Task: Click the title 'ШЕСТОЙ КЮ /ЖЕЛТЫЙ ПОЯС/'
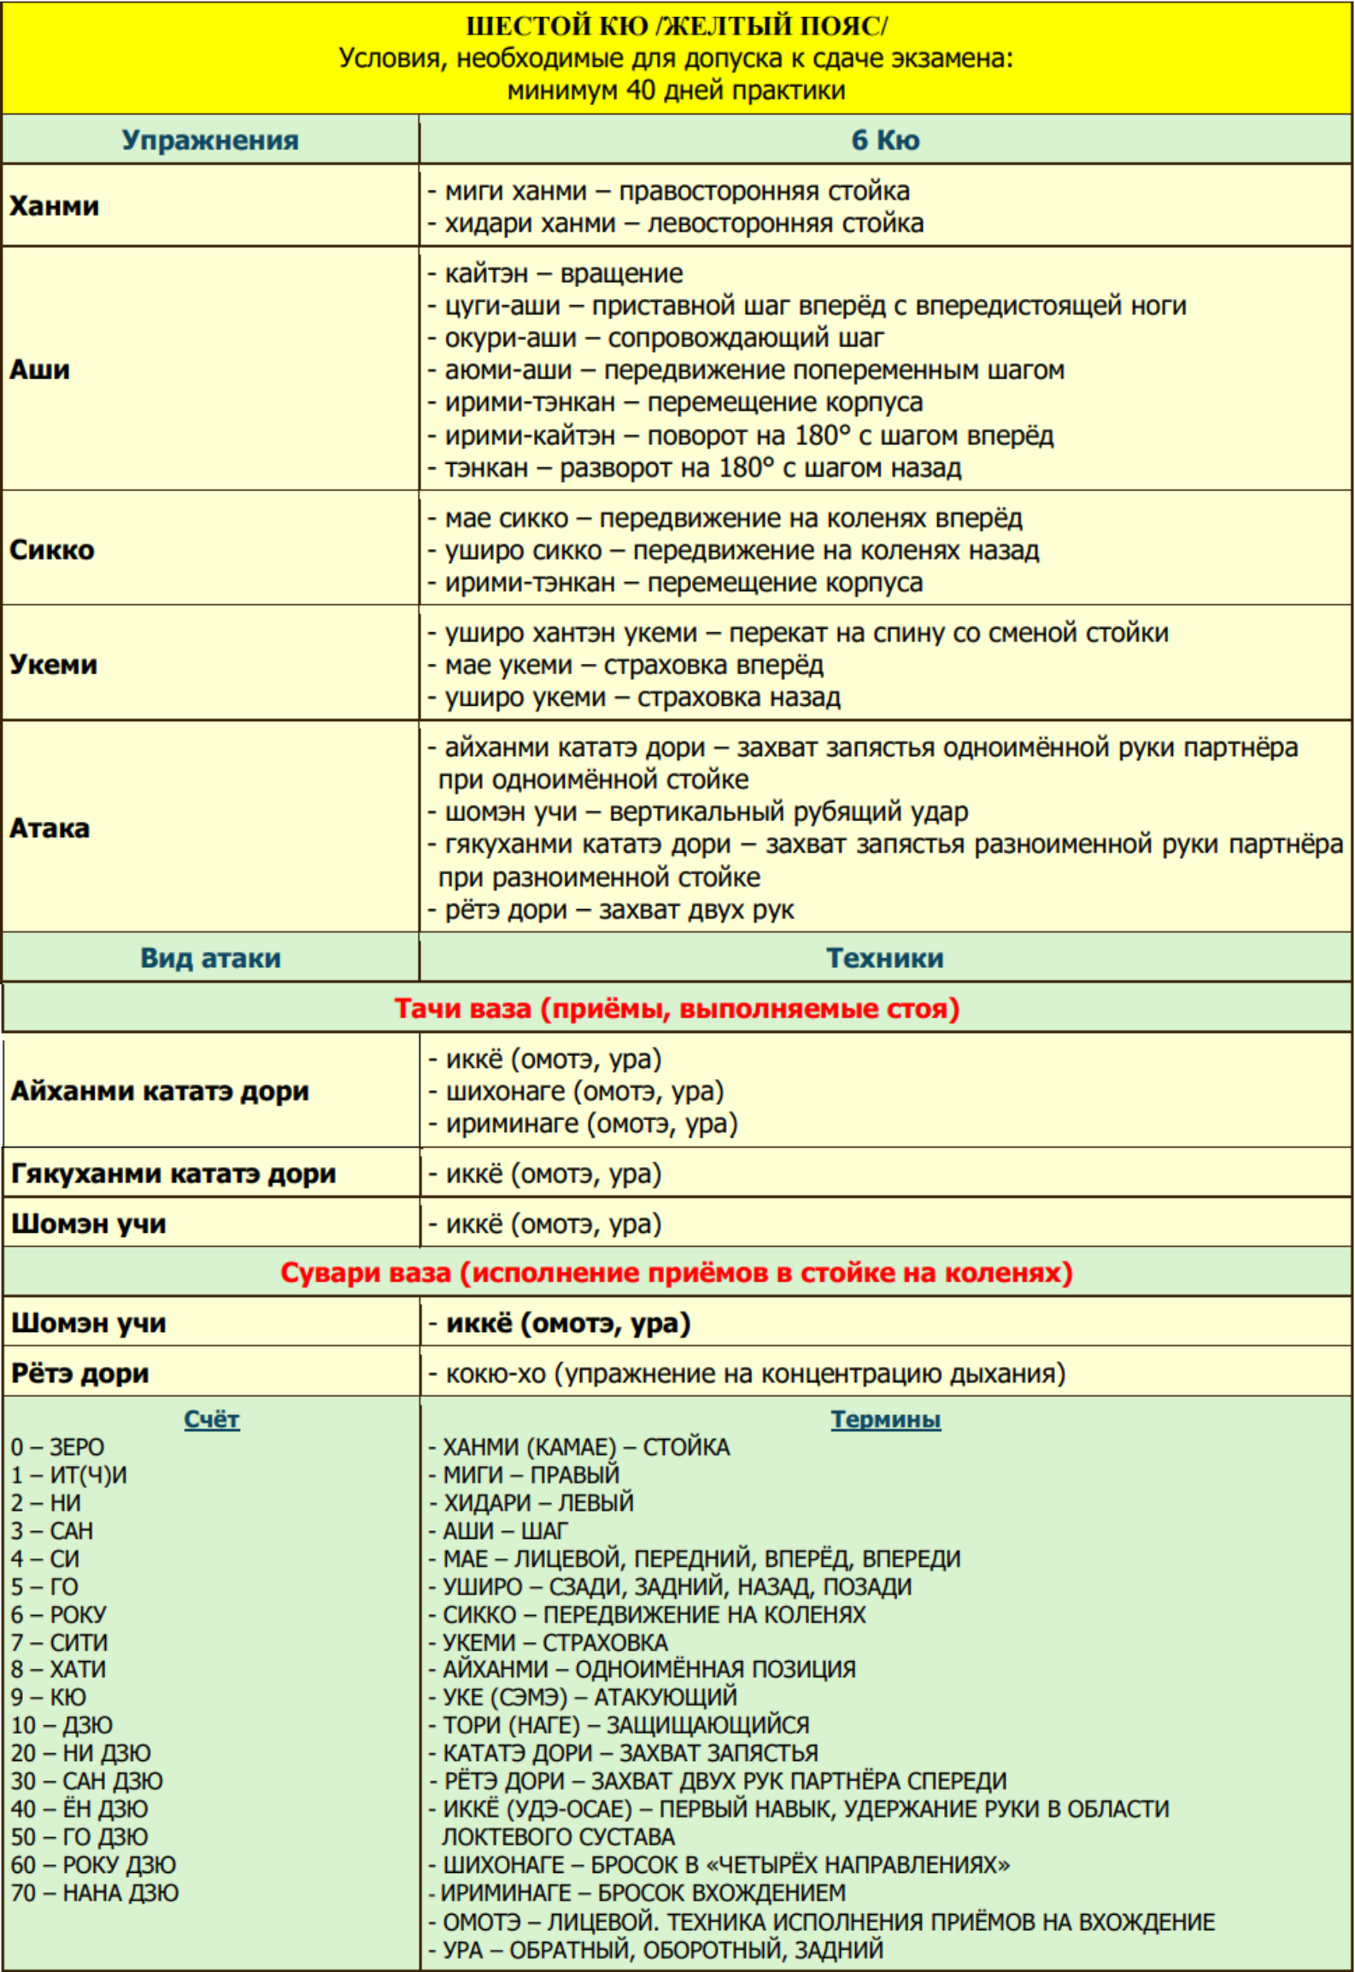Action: point(676,26)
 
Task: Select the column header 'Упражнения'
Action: point(210,140)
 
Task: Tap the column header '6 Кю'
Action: point(885,140)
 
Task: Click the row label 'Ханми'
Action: point(55,206)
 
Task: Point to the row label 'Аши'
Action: point(40,369)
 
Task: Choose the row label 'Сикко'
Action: point(52,549)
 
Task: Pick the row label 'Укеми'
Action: point(54,664)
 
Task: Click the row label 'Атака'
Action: point(50,827)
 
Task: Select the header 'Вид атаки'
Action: point(210,958)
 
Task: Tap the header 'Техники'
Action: point(885,958)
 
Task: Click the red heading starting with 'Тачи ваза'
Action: point(677,1008)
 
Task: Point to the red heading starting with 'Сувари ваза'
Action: point(677,1272)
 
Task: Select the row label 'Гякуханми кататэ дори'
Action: point(173,1173)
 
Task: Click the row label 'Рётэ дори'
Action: point(80,1373)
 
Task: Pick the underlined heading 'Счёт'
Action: point(212,1419)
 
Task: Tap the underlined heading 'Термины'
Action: point(886,1419)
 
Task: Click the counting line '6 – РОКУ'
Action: point(59,1614)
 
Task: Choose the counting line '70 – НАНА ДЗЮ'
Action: point(95,1893)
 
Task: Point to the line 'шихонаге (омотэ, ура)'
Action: point(584,1091)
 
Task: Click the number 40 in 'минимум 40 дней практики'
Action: point(641,90)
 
